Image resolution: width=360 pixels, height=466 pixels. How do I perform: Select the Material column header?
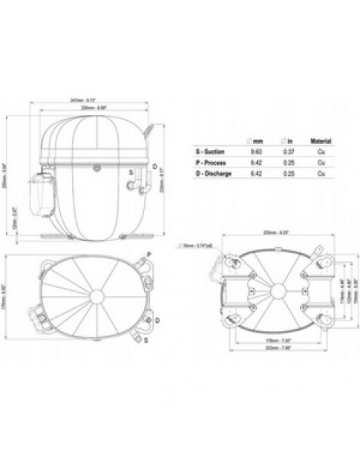coord(320,140)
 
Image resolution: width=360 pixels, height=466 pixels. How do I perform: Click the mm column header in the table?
coord(254,140)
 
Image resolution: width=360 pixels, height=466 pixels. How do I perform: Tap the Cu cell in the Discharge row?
coord(320,173)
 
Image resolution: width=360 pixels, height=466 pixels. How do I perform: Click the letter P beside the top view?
coord(149,254)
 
